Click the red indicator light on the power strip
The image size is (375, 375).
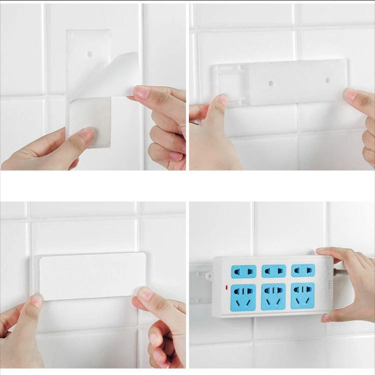pyautogui.click(x=227, y=288)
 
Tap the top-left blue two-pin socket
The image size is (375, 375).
pyautogui.click(x=243, y=271)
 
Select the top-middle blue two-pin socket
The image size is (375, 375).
pyautogui.click(x=273, y=270)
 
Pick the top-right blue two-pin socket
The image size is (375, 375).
pyautogui.click(x=303, y=270)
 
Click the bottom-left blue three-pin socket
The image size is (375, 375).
pyautogui.click(x=243, y=297)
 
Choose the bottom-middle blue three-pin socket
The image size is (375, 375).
pyautogui.click(x=273, y=296)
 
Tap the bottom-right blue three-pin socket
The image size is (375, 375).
pyautogui.click(x=303, y=295)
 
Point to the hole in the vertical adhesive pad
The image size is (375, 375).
pyautogui.click(x=90, y=54)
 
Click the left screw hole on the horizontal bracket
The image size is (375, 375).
pyautogui.click(x=271, y=83)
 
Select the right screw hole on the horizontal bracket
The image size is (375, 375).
pyautogui.click(x=327, y=80)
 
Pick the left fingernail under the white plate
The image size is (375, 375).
pyautogui.click(x=36, y=300)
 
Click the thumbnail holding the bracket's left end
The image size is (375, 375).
pyautogui.click(x=223, y=100)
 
